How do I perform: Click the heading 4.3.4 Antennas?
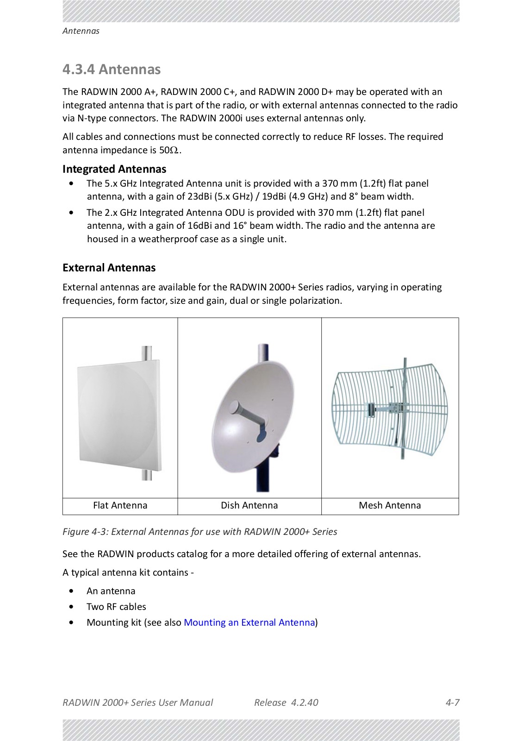(x=112, y=69)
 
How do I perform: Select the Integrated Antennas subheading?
(x=114, y=169)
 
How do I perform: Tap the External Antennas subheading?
(x=109, y=268)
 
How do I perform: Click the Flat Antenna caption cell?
(x=120, y=505)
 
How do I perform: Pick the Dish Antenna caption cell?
(x=249, y=505)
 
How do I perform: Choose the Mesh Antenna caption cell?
(x=390, y=505)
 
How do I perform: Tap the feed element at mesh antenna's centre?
(x=371, y=409)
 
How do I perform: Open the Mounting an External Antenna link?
(x=249, y=622)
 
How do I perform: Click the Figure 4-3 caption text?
(x=200, y=532)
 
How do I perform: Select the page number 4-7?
(x=452, y=703)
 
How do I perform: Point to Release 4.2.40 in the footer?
(x=286, y=703)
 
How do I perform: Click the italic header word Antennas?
(x=81, y=31)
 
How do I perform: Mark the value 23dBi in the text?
(x=200, y=196)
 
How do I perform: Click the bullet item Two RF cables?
(x=116, y=607)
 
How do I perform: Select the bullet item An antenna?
(x=111, y=591)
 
